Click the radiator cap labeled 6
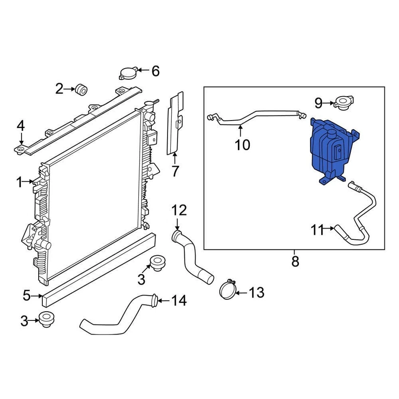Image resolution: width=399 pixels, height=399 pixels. (127, 74)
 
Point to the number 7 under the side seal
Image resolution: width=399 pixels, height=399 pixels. (175, 171)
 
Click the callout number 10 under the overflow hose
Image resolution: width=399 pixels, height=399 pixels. (242, 145)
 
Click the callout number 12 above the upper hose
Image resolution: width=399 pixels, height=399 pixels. (180, 211)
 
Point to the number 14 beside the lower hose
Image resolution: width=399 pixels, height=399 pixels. (179, 300)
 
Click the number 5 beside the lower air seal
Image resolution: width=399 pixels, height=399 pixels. (26, 296)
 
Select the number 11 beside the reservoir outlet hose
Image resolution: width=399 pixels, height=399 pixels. (318, 229)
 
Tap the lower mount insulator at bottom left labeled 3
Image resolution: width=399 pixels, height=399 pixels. (44, 319)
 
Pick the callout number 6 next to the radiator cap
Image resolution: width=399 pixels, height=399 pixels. (155, 71)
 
